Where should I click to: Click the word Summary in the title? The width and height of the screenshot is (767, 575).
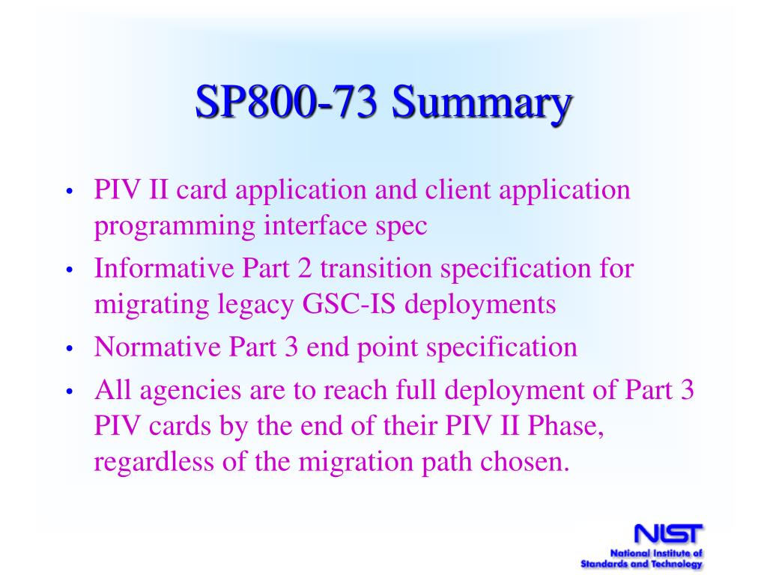click(482, 103)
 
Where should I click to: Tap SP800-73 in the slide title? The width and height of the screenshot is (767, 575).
click(287, 102)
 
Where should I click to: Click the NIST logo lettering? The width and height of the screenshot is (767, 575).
click(668, 534)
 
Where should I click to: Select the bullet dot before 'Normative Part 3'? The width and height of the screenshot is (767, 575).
click(69, 349)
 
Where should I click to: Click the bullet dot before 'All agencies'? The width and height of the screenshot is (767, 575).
click(69, 391)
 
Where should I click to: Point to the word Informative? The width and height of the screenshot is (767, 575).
click(164, 268)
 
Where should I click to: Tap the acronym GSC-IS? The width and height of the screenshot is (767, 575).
click(349, 304)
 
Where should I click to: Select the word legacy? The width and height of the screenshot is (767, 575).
click(255, 306)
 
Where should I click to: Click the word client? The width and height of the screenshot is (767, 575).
click(458, 189)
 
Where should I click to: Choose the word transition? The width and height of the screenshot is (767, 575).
click(376, 268)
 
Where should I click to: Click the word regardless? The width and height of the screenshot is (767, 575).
click(154, 463)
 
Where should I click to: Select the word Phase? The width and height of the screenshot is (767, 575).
click(566, 426)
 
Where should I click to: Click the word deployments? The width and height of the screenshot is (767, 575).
click(480, 306)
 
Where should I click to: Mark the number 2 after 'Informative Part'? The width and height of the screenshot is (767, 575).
click(304, 269)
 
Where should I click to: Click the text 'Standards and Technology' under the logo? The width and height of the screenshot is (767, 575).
click(641, 565)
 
